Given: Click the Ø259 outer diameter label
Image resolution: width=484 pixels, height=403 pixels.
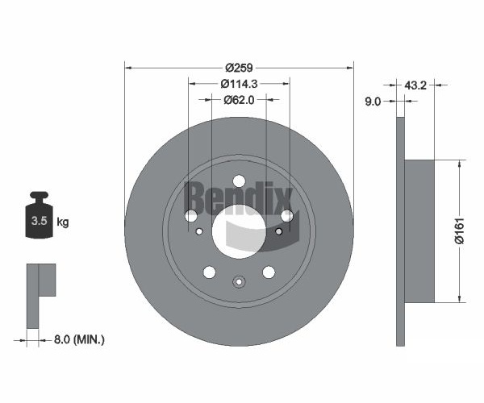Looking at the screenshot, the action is (239, 68).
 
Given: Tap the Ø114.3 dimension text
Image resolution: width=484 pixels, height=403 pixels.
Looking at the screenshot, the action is (239, 84).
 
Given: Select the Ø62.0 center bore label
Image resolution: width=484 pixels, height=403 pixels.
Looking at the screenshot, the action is (239, 100).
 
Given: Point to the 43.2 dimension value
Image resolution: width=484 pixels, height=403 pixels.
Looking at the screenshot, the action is (415, 85).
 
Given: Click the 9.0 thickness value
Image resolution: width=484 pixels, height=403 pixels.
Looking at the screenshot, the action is (373, 102).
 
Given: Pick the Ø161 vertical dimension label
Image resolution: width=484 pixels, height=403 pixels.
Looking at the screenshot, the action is (460, 231).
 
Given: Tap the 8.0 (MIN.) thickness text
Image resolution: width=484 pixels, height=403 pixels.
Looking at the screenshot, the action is (79, 340).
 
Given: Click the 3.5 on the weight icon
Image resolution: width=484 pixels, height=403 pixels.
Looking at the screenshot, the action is (40, 221).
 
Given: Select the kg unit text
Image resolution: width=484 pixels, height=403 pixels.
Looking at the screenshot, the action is (63, 222).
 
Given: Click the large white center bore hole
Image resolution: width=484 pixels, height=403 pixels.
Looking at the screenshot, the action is (239, 231).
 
